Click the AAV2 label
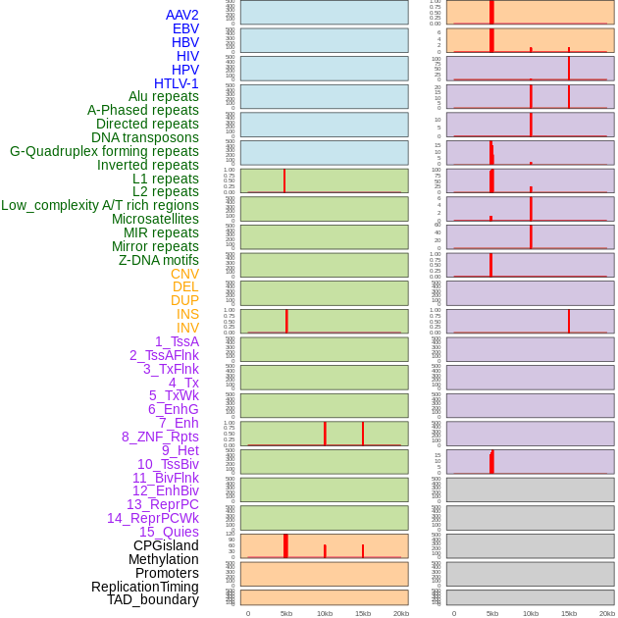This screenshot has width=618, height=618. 182,15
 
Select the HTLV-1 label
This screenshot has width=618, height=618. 177,83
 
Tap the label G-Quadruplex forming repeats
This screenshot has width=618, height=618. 104,151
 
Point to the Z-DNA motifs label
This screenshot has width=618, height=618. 159,260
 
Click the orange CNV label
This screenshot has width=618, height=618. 184,274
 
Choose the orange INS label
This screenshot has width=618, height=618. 187,314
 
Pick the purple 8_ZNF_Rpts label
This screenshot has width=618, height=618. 160,437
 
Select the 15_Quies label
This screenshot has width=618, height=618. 169,532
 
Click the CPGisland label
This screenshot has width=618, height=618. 166,545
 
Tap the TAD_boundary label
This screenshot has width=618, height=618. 153,599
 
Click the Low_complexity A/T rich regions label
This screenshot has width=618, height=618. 100,205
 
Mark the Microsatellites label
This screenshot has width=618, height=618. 155,219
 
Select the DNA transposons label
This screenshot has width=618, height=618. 145,137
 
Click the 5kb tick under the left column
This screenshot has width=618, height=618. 286,613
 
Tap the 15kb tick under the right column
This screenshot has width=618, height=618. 569,613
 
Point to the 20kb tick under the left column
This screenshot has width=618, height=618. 401,613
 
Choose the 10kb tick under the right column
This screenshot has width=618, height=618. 531,613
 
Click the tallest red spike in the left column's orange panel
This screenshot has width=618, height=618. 285,544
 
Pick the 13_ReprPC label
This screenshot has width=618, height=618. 162,504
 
